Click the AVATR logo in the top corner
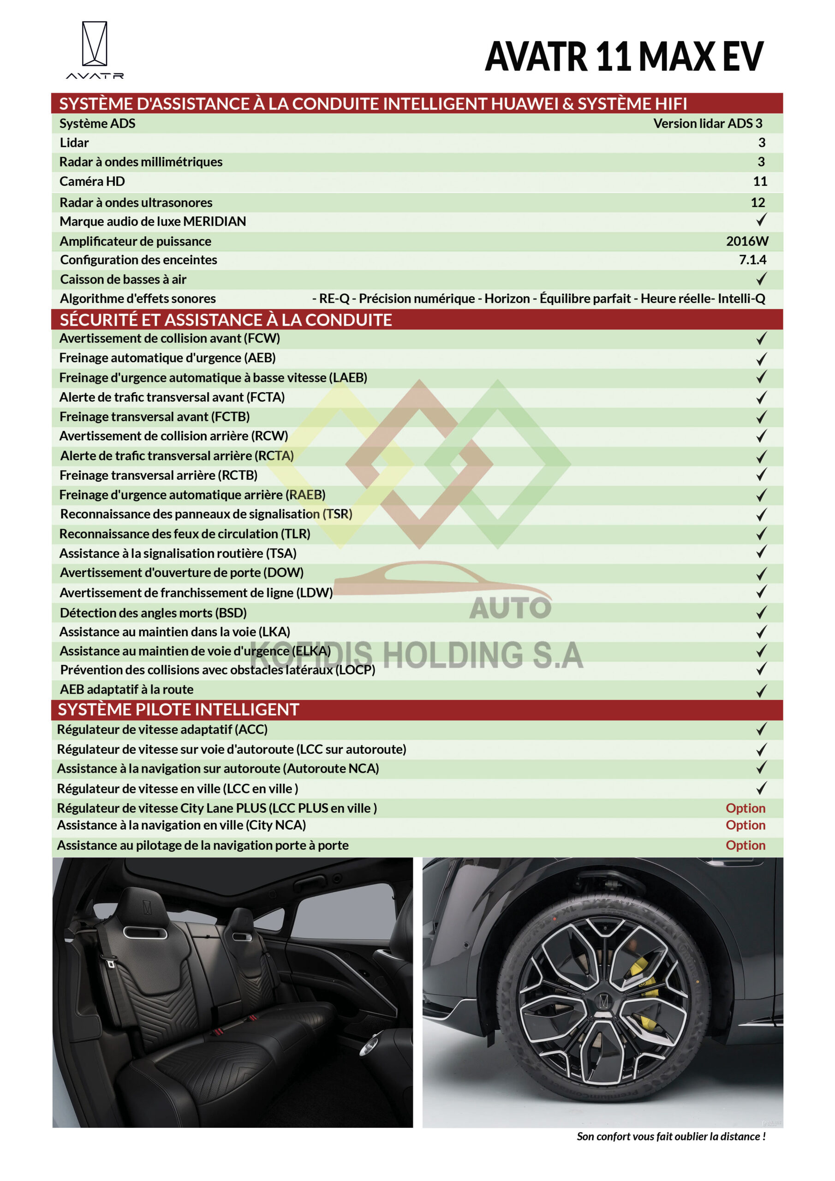pos(95,50)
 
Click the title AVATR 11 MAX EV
pos(624,57)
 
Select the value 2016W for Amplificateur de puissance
pos(746,241)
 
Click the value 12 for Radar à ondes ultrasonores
pos(757,202)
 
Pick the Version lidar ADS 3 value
pos(707,124)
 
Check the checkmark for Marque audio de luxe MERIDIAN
pos(761,220)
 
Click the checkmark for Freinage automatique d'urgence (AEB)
pos(761,358)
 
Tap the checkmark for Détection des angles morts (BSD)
pos(761,612)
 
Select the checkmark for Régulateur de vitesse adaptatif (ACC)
pos(761,729)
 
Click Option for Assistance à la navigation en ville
pos(745,825)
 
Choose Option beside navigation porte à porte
pos(745,845)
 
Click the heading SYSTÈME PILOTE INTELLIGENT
pos(178,710)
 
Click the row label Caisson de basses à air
pos(123,279)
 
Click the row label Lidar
pos(74,143)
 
